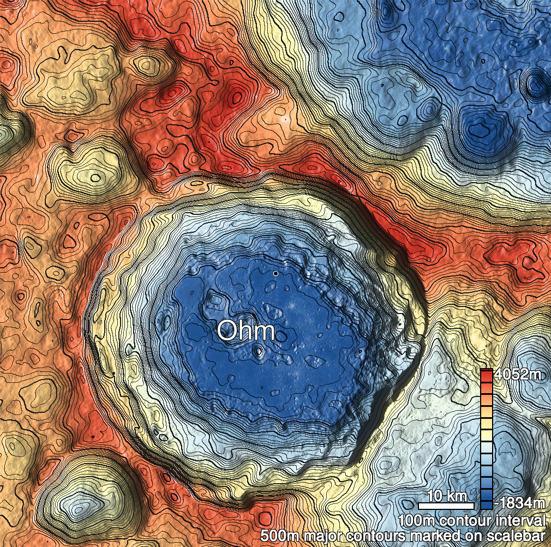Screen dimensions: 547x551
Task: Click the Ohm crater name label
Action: point(245,331)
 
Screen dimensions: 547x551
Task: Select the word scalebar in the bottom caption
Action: point(516,534)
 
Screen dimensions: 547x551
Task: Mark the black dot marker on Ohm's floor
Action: point(276,273)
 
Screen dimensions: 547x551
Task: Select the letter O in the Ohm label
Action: point(227,331)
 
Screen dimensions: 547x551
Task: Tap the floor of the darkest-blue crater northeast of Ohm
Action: point(481,130)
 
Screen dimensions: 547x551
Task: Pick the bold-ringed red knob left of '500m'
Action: point(265,518)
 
